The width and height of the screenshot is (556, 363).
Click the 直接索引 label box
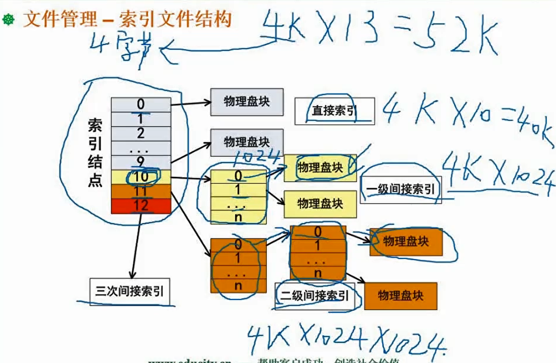coord(334,111)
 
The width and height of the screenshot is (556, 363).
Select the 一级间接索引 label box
coord(400,189)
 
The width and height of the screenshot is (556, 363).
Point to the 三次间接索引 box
coord(130,291)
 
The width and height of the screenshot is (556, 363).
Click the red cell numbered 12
coord(141,206)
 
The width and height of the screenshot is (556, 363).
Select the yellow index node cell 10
coord(141,177)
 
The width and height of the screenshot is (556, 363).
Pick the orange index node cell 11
coord(141,191)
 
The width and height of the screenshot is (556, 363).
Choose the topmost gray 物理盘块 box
coord(246,102)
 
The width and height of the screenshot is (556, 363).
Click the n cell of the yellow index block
coord(238,217)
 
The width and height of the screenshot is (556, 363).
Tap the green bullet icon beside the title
coord(9,20)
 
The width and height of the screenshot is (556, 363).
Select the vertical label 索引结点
coord(95,153)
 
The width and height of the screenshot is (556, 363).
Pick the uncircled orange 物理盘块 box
coord(400,295)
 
